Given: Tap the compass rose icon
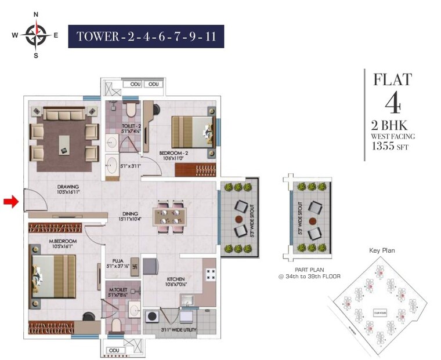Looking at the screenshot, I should point(36,35).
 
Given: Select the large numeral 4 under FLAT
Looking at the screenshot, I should point(393,103).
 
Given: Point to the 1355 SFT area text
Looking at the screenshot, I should point(390,147).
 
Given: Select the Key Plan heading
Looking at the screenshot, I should point(382,250).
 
